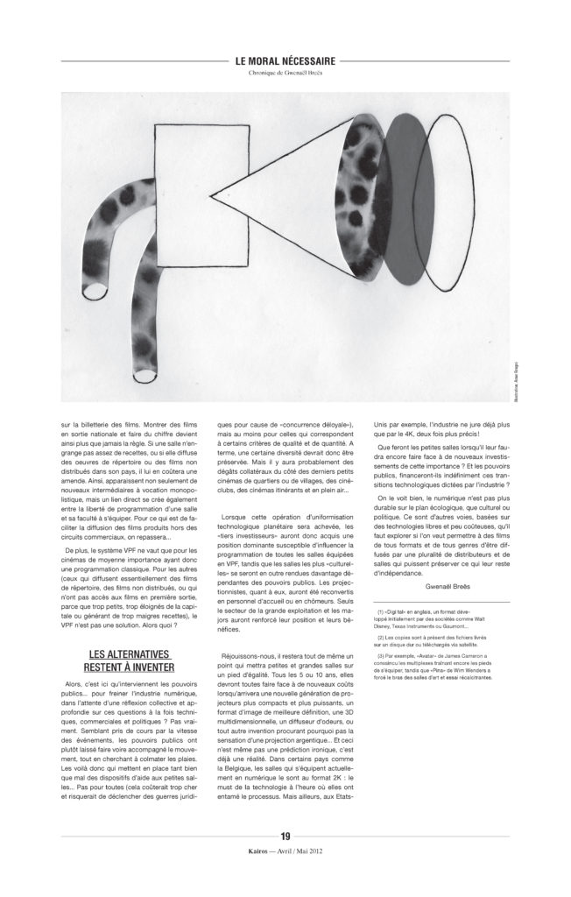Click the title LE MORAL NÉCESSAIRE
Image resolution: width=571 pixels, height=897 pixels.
(x=285, y=60)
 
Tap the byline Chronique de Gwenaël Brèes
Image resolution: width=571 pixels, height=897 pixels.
(x=285, y=73)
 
